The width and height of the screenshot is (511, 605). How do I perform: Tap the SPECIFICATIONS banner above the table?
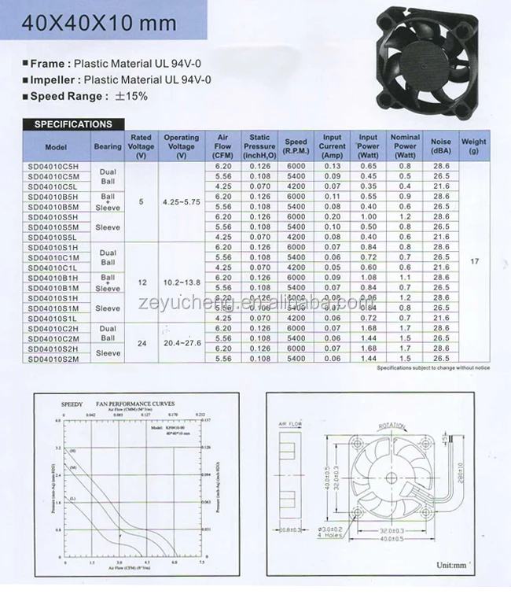73,124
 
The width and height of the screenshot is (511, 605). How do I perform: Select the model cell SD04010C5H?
56,166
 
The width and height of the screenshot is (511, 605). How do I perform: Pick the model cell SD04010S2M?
56,357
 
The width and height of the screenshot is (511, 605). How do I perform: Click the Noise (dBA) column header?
441,146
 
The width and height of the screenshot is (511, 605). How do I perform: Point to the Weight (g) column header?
474,146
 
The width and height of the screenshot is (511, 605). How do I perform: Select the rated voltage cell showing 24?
141,342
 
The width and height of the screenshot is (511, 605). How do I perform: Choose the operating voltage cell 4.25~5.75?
181,202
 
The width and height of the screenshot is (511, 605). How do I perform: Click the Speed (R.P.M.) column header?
296,146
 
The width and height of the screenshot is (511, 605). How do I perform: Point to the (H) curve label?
74,451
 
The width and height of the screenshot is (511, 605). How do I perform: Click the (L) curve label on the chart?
73,499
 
